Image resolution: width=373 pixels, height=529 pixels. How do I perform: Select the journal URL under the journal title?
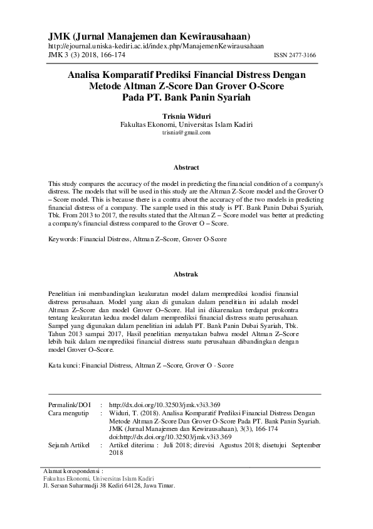[x=155, y=46]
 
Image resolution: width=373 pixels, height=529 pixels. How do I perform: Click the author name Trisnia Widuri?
[x=186, y=116]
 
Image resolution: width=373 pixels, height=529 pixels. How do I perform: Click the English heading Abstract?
[x=186, y=168]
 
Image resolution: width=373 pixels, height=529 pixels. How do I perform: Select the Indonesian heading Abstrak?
[x=186, y=275]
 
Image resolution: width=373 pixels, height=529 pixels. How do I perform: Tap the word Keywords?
[x=63, y=239]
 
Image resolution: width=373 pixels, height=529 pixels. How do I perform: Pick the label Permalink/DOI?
[x=69, y=405]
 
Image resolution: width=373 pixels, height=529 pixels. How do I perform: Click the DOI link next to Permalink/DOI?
[x=164, y=405]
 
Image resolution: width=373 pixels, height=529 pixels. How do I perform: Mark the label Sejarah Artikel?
[x=70, y=445]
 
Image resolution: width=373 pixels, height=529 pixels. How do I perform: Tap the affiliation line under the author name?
[x=186, y=125]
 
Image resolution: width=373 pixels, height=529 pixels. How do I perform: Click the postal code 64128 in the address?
[x=124, y=486]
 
